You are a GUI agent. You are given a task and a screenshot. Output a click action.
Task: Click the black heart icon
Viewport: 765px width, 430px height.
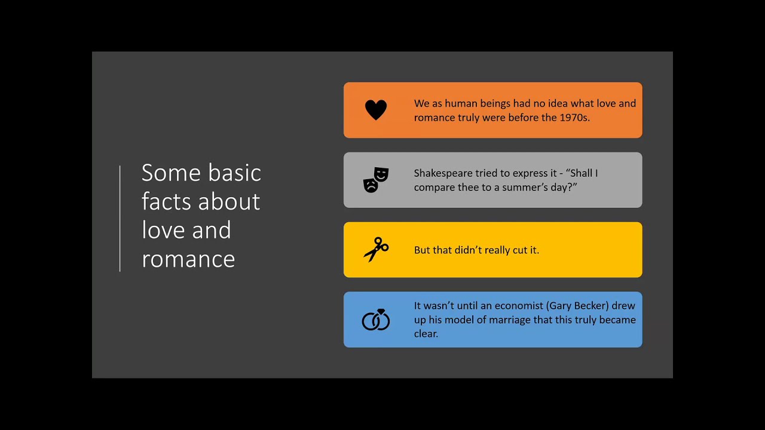click(376, 110)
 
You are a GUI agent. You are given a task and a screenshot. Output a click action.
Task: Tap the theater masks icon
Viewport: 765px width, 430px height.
click(376, 180)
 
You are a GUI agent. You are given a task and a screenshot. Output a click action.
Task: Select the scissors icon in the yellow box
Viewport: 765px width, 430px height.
click(376, 250)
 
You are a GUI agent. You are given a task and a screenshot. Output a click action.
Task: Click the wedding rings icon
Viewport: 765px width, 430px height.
click(376, 320)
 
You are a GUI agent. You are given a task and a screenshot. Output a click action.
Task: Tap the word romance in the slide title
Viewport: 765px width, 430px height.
click(188, 259)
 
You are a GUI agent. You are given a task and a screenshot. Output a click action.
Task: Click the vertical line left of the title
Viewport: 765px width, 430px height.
click(120, 219)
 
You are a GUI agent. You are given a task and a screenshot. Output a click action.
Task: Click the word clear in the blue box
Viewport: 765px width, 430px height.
click(426, 334)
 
